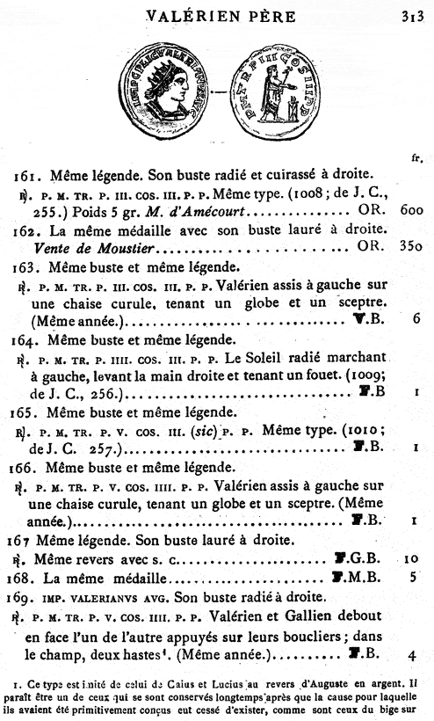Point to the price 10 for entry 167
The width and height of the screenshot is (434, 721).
(409, 557)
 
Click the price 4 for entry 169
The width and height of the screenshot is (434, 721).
(411, 653)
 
